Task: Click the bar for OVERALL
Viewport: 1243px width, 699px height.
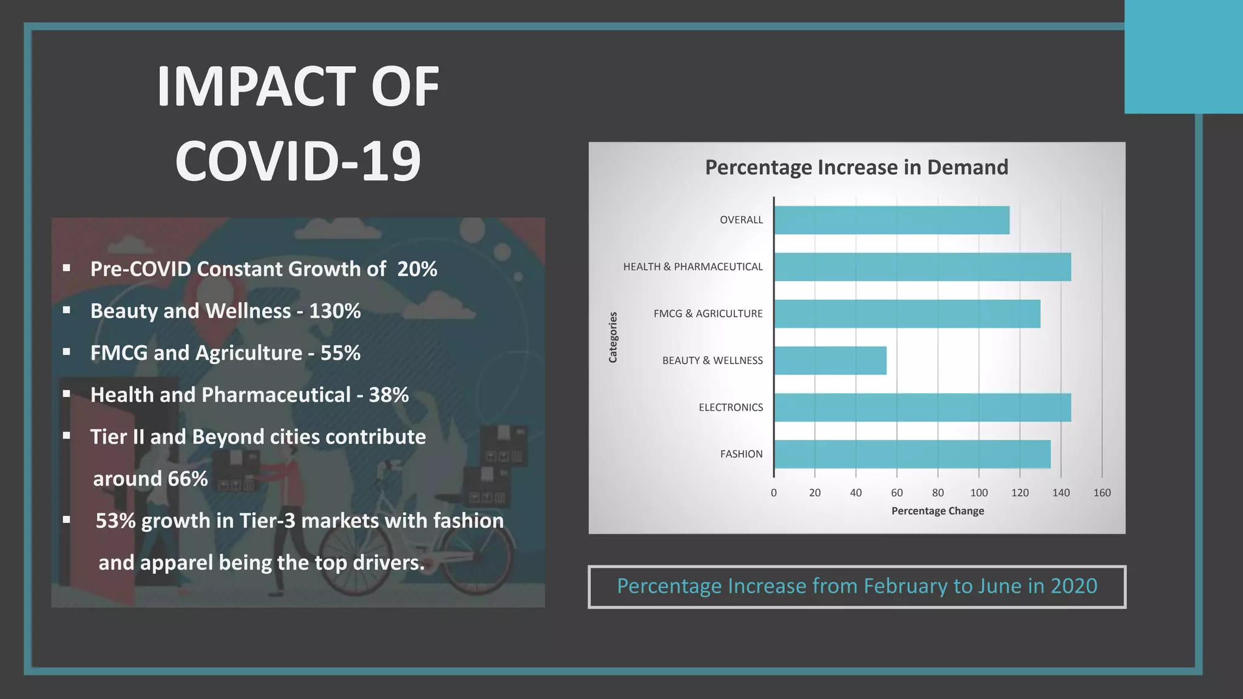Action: [891, 220]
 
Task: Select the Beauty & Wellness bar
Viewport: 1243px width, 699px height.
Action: [830, 360]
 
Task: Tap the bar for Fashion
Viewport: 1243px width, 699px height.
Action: [912, 454]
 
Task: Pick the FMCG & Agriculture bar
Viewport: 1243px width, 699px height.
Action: [907, 314]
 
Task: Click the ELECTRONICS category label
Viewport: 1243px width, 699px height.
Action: [730, 407]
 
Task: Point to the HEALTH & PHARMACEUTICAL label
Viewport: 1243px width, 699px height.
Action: [693, 267]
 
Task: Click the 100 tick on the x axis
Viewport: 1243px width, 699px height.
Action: [978, 493]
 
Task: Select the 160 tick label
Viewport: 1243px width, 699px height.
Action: [1102, 493]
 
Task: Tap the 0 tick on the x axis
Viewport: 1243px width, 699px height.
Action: [774, 493]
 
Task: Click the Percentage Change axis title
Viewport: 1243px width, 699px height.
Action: [937, 511]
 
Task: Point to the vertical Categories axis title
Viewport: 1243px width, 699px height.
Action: [613, 337]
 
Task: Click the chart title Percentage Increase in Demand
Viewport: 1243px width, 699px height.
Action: [856, 167]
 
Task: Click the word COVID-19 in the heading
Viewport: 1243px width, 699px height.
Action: [297, 161]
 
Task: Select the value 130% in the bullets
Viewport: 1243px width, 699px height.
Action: [334, 311]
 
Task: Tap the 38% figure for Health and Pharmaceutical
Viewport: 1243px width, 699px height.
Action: [388, 395]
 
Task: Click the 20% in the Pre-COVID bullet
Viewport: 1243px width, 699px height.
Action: [417, 269]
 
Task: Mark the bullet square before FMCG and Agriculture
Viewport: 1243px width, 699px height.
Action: [67, 352]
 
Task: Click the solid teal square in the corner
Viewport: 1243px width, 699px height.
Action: [1183, 56]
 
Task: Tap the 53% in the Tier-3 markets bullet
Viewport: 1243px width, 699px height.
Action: [115, 521]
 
